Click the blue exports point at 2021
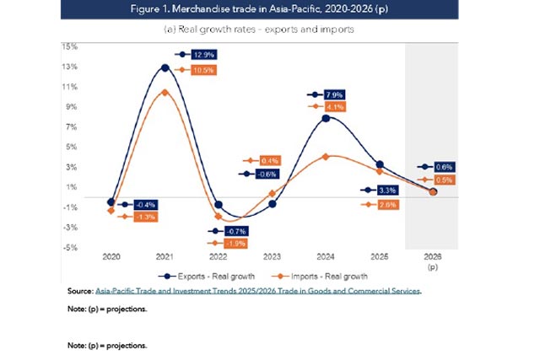click(x=165, y=67)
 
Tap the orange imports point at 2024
click(x=326, y=157)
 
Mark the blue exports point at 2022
click(x=219, y=205)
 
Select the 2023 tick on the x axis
click(x=272, y=255)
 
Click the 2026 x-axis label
click(x=432, y=255)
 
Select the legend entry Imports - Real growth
click(x=320, y=276)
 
